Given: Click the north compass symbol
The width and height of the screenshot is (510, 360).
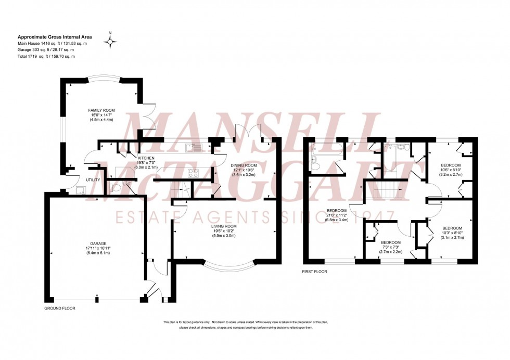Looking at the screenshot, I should [x=110, y=41].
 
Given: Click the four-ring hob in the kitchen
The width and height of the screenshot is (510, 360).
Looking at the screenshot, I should [x=193, y=174].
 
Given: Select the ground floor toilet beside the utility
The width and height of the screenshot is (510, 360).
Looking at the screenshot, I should [x=117, y=186].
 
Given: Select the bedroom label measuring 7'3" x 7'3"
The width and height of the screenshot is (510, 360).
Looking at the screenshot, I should [x=390, y=242].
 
